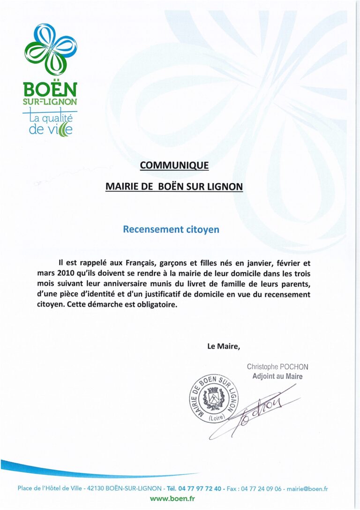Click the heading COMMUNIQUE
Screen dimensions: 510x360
[174, 165]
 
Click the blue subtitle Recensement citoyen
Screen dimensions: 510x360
[171, 229]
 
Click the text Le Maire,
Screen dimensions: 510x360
[224, 347]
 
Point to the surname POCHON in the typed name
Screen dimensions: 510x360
[294, 367]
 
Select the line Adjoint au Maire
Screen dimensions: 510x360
[277, 376]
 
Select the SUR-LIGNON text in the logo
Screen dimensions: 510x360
[50, 101]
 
